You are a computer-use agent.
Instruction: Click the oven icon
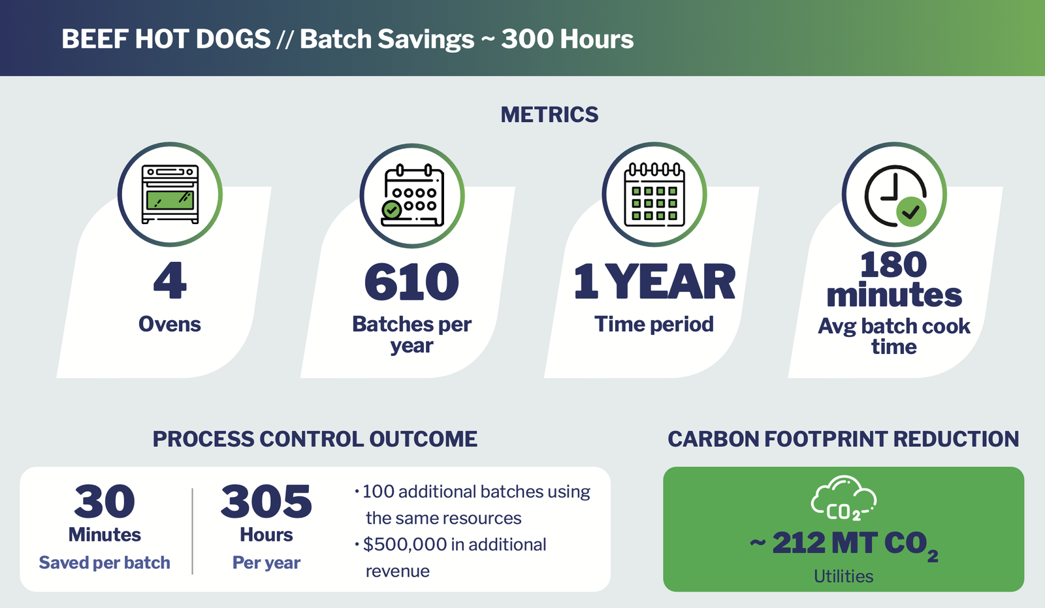click(170, 194)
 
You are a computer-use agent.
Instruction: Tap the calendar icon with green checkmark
click(412, 195)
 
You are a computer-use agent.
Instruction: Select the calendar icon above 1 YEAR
click(654, 195)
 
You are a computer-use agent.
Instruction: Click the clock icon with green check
click(895, 195)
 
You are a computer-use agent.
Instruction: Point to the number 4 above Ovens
click(170, 281)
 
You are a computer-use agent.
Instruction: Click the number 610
click(411, 282)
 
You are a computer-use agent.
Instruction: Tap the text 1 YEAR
click(654, 282)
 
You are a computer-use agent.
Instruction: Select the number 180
click(893, 264)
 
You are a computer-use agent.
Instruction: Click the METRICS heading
click(549, 115)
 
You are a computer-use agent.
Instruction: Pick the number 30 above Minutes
click(104, 502)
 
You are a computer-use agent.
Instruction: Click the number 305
click(266, 502)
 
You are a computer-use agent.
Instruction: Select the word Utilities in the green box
click(843, 576)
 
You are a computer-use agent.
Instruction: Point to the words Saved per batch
click(104, 562)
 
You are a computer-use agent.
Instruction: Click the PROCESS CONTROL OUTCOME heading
click(315, 439)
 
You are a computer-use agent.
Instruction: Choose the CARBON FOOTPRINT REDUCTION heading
click(843, 439)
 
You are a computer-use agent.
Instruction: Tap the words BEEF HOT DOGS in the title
click(166, 39)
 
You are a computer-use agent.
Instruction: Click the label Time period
click(654, 324)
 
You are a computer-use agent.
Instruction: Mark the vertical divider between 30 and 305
click(193, 530)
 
